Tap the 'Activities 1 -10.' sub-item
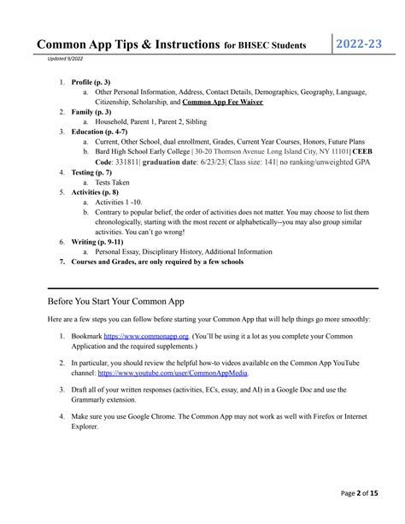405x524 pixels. tap(123, 203)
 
